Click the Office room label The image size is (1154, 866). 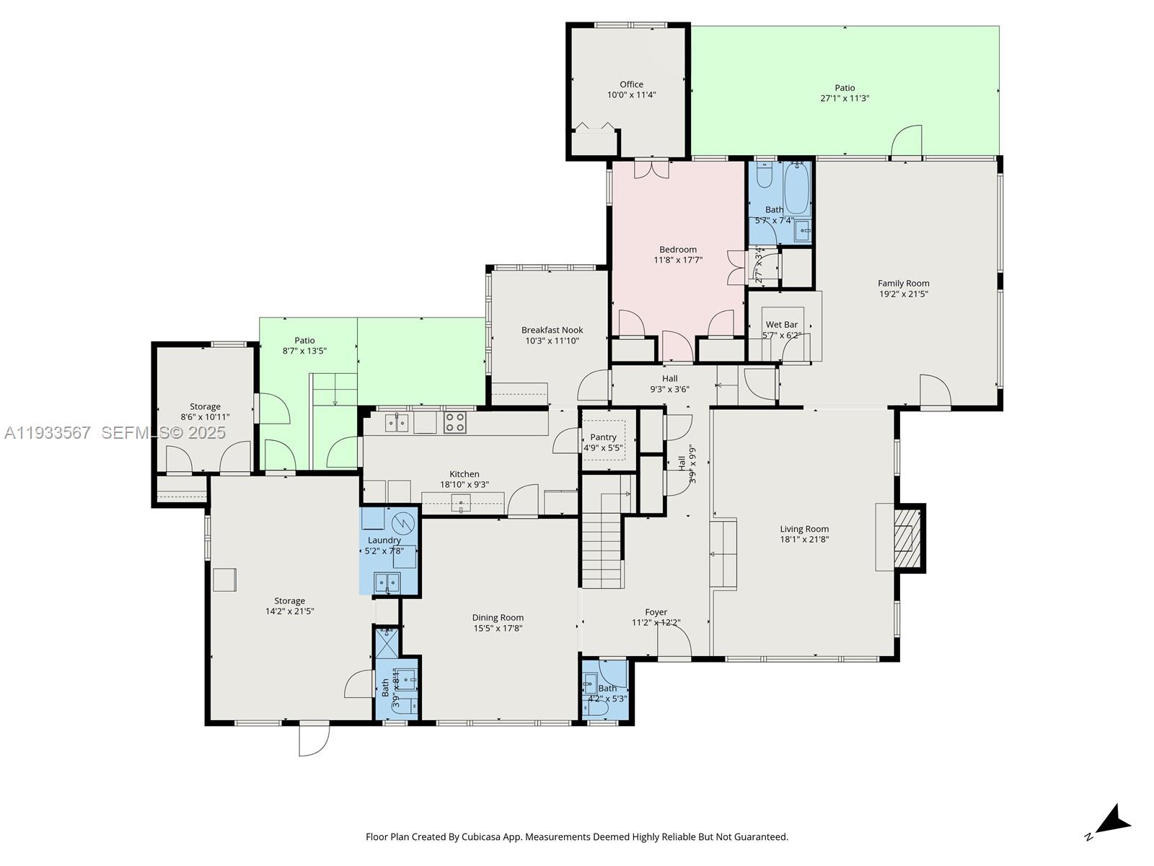(x=631, y=84)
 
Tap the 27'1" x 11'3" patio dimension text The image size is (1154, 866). (x=845, y=98)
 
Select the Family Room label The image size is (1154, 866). (x=903, y=284)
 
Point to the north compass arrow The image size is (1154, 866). (x=1113, y=822)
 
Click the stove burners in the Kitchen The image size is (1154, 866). (x=454, y=422)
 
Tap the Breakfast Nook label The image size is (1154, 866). (x=552, y=331)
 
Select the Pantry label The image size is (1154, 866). (x=603, y=437)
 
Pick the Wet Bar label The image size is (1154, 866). (x=781, y=325)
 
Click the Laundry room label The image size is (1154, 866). (x=384, y=540)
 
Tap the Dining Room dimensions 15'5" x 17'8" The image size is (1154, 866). (x=498, y=629)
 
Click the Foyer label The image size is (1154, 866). (x=656, y=612)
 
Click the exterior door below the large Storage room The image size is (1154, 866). (x=314, y=738)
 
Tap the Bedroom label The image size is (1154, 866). (x=678, y=250)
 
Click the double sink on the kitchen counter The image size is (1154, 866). (x=396, y=422)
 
